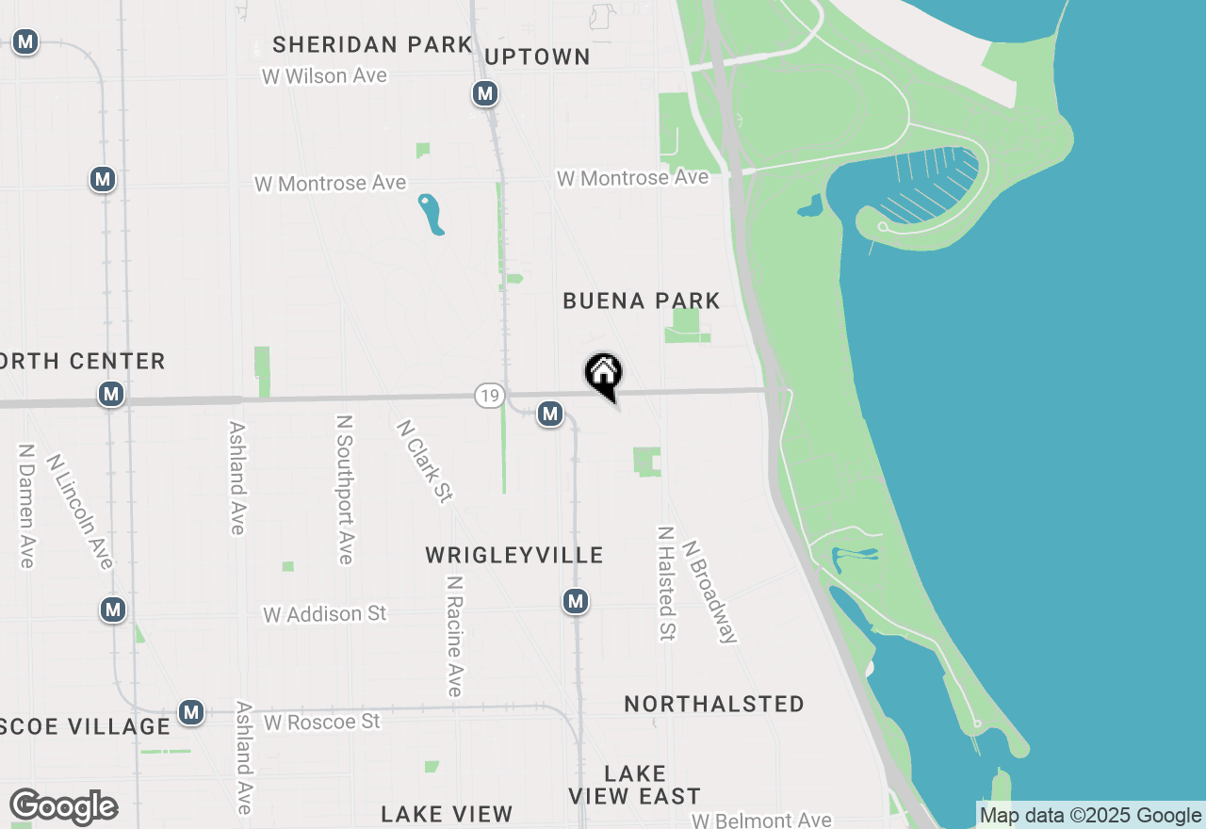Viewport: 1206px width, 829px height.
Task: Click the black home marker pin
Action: point(603,374)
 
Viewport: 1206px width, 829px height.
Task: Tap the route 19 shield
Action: point(488,396)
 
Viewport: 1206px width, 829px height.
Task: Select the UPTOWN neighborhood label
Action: point(537,57)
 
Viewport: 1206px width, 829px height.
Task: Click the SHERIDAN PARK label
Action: point(372,44)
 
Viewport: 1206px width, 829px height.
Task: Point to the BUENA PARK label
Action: point(641,301)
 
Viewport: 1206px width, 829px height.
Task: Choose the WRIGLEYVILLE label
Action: point(513,555)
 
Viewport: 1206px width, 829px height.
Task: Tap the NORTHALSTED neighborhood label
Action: point(713,704)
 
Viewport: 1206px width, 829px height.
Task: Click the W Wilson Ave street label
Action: point(324,76)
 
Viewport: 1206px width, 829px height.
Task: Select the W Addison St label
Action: point(324,614)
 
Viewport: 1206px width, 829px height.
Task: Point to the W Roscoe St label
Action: point(321,722)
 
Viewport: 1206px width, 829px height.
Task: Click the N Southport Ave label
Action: point(344,490)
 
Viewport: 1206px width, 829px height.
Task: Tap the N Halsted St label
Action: point(666,583)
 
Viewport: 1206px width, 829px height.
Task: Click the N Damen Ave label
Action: point(26,506)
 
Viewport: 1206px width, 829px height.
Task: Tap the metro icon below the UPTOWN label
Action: point(485,94)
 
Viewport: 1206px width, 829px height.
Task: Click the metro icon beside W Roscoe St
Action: point(192,712)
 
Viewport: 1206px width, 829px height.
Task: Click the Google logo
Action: point(63,806)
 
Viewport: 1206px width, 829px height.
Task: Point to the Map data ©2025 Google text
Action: point(1090,816)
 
